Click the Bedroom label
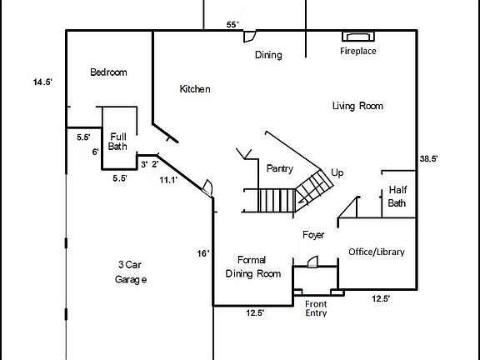(x=108, y=72)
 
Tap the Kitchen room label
(x=195, y=89)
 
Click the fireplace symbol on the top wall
(x=359, y=37)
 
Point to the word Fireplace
(x=358, y=52)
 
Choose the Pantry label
(x=279, y=168)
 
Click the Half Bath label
(x=397, y=197)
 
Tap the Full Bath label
(x=117, y=141)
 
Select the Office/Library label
(x=375, y=252)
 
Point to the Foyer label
(x=313, y=235)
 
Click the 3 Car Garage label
(x=130, y=272)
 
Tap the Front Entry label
(x=316, y=308)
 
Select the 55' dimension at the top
(x=232, y=24)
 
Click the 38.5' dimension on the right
(x=429, y=158)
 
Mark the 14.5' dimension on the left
(x=42, y=82)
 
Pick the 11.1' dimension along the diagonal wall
(x=169, y=179)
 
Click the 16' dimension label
(x=203, y=253)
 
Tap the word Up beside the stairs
(x=337, y=172)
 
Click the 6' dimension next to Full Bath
(x=95, y=152)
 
